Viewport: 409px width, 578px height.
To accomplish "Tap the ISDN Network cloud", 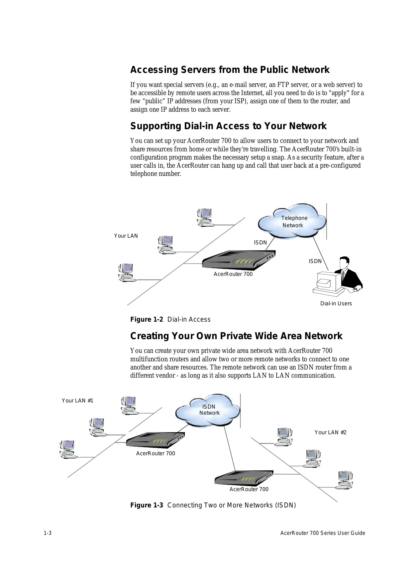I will coord(208,410).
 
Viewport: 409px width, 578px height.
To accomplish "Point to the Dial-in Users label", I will coord(336,304).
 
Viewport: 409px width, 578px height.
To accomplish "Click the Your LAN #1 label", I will coord(77,401).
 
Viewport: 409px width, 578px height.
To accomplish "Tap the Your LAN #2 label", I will coord(330,432).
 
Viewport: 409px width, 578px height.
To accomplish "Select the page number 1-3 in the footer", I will coord(48,533).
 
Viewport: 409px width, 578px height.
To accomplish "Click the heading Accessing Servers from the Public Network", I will coord(230,70).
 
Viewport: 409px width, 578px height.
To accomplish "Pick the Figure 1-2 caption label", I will coord(147,319).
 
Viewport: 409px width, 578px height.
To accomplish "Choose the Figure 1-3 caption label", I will coord(147,505).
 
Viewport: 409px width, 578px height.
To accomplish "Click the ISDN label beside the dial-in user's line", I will coord(315,261).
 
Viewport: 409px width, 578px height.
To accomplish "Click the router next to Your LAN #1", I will coord(155,440).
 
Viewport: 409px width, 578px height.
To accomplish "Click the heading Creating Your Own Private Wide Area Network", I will coord(236,336).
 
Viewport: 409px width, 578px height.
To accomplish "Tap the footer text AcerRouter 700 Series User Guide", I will coord(323,533).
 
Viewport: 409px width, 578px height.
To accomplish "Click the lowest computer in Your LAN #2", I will coord(344,480).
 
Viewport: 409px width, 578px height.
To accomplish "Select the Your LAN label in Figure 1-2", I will coord(126,236).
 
